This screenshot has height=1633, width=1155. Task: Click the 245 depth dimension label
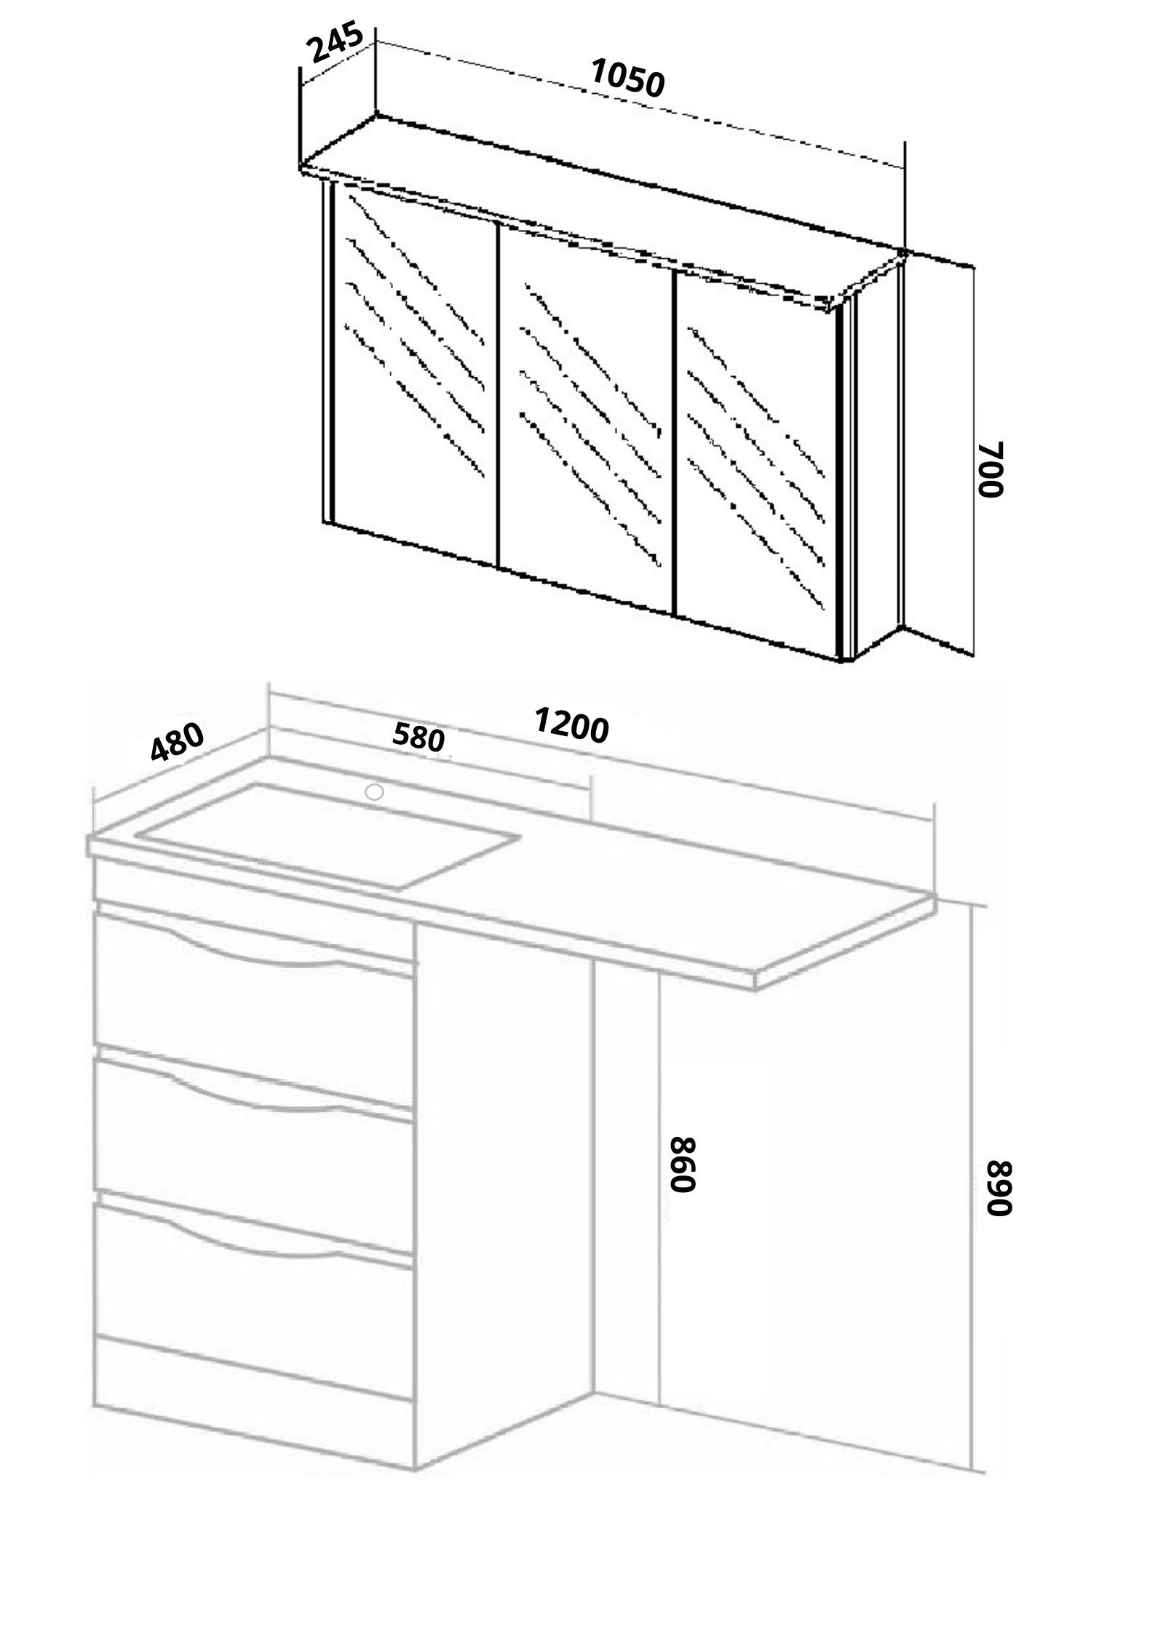click(336, 46)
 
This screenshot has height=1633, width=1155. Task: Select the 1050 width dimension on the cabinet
click(627, 78)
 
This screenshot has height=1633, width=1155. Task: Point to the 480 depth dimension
click(177, 741)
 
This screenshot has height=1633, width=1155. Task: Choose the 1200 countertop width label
click(571, 725)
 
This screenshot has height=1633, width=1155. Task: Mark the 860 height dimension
click(686, 1163)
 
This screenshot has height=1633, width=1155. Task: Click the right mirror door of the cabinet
click(759, 466)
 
